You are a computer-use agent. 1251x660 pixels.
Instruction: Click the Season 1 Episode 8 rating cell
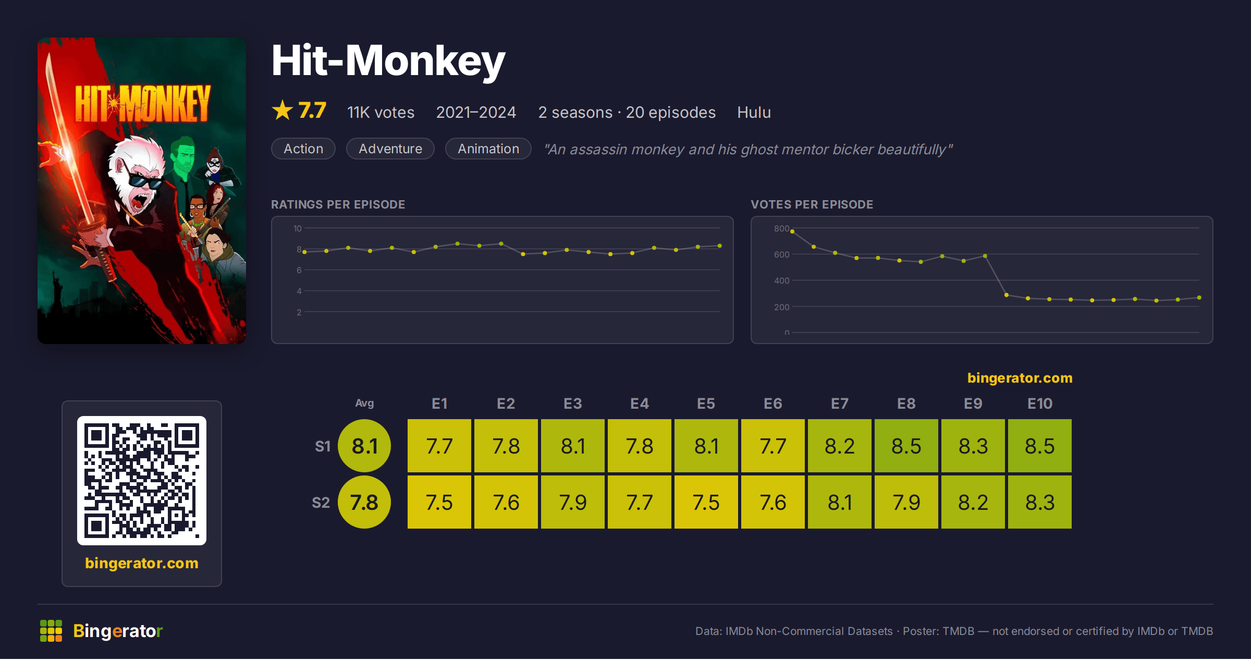(x=906, y=446)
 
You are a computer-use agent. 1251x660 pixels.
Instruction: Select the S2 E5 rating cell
(x=706, y=502)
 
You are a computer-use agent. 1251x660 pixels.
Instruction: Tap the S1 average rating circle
(x=364, y=446)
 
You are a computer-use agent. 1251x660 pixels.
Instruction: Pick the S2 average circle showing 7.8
(x=364, y=502)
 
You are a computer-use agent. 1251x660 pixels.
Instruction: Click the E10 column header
(x=1040, y=404)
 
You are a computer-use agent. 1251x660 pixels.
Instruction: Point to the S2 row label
(x=321, y=503)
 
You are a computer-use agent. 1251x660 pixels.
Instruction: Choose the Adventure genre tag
(x=390, y=149)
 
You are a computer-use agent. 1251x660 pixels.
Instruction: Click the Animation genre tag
(x=488, y=149)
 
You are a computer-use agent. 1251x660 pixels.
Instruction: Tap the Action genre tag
(x=303, y=149)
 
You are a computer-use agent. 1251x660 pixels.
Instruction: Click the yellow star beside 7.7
(x=283, y=110)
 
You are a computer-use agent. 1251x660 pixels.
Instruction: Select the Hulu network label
(x=754, y=112)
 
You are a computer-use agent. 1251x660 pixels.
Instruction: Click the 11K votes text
(x=381, y=112)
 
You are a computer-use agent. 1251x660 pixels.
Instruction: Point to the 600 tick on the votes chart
(x=781, y=254)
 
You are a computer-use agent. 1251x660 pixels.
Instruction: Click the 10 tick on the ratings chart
(x=298, y=228)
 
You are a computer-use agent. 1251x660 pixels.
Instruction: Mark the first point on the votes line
(x=792, y=231)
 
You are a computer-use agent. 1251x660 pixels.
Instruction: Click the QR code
(x=142, y=481)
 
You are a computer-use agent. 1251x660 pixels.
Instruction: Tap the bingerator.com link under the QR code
(x=142, y=563)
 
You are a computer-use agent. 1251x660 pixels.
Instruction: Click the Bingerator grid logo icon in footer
(x=51, y=631)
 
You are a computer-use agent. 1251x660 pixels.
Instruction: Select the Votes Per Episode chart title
(x=812, y=204)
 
